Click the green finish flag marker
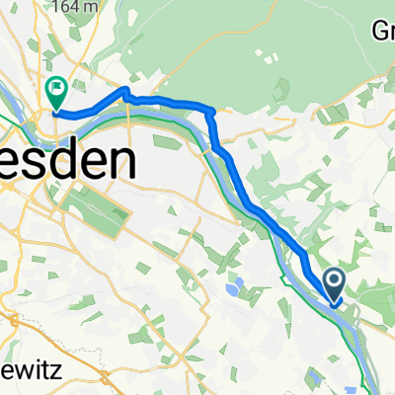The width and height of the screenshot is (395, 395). pyautogui.click(x=54, y=92)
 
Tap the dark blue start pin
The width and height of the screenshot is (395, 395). pyautogui.click(x=335, y=285)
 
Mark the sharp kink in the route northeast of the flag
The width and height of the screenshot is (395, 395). pyautogui.click(x=123, y=92)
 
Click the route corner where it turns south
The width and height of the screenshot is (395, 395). pyautogui.click(x=210, y=111)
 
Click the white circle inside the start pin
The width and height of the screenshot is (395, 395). pyautogui.click(x=335, y=282)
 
